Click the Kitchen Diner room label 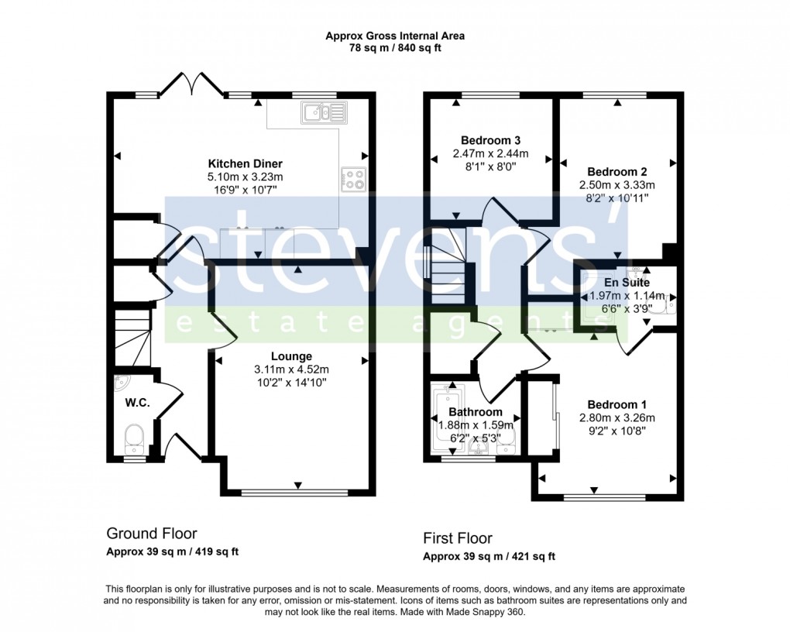point(245,163)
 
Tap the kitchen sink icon point(326,113)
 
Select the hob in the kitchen point(353,180)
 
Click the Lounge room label point(292,356)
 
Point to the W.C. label point(137,403)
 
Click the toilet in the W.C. point(135,438)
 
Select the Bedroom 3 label point(489,140)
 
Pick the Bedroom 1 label point(617,404)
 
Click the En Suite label point(627,283)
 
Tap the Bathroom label point(475,412)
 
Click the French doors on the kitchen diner point(192,84)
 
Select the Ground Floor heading point(151,534)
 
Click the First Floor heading point(457,538)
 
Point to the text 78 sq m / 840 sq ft point(395,48)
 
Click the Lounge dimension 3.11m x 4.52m point(292,369)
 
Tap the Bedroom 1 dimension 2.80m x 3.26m point(617,417)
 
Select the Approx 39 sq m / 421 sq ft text point(489,557)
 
